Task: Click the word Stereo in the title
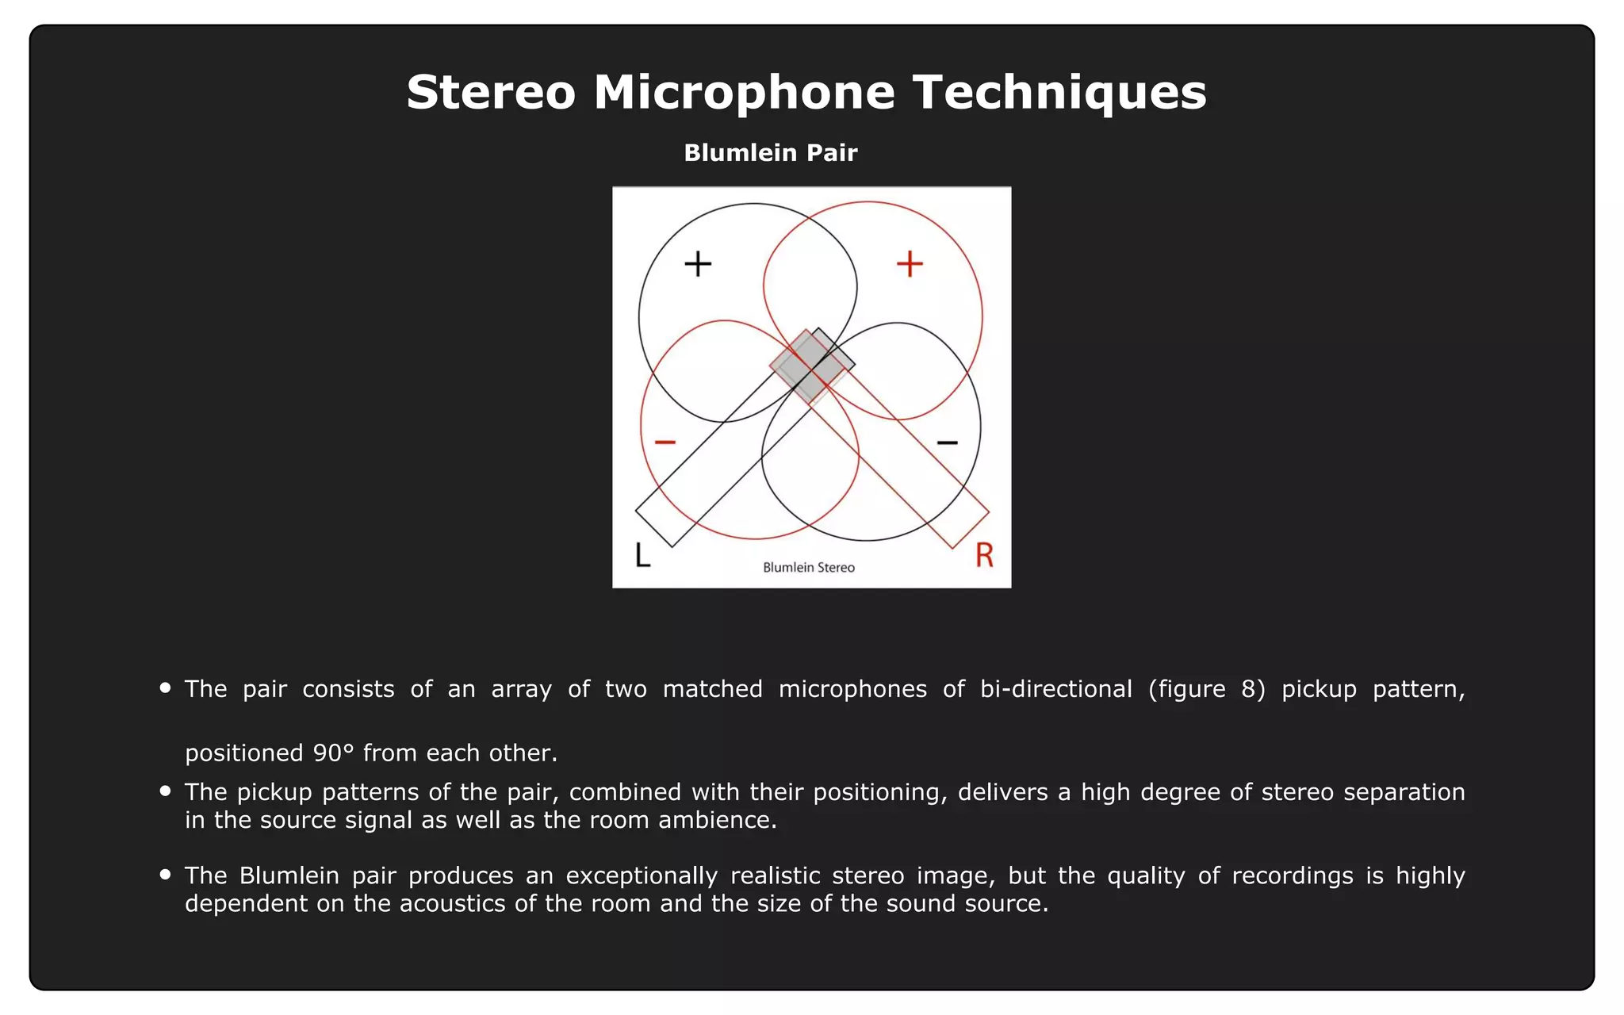(x=490, y=92)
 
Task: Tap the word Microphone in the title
(x=744, y=92)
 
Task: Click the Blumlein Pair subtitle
(x=770, y=152)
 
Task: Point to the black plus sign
(x=698, y=264)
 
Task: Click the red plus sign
(x=910, y=264)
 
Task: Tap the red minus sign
(x=665, y=442)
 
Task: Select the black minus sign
(x=948, y=442)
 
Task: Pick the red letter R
(x=984, y=555)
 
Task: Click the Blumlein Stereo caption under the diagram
(x=809, y=568)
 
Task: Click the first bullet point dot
(x=165, y=688)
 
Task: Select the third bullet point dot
(x=165, y=875)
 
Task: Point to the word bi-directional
(x=1056, y=689)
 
